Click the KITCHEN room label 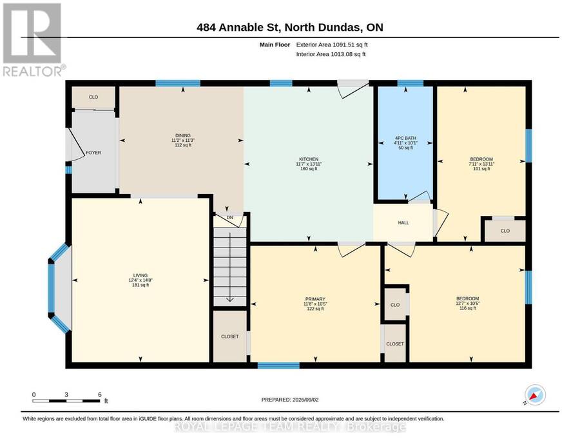point(309,159)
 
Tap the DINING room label point(183,135)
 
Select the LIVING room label point(140,275)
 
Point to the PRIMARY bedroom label point(315,299)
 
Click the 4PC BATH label point(405,138)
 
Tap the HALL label point(403,222)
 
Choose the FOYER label point(93,152)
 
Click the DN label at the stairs point(230,217)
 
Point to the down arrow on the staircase point(230,267)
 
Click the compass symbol point(536,394)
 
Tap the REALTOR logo point(33,39)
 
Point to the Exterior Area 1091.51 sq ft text point(332,44)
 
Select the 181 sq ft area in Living point(140,285)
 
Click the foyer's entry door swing point(76,145)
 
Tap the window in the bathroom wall point(411,83)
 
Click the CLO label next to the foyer point(93,97)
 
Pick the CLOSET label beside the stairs point(229,336)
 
